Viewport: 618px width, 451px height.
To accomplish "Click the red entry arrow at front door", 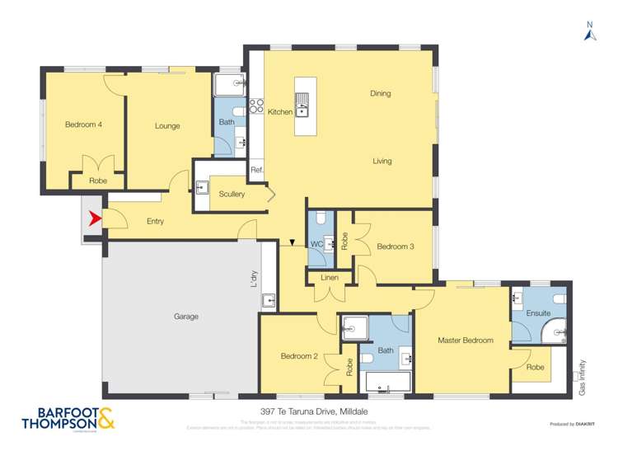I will coord(94,218).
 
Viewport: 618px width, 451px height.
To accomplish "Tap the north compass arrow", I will coord(589,34).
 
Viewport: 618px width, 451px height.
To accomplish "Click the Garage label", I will coord(186,317).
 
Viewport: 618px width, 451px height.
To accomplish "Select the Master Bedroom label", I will coord(466,341).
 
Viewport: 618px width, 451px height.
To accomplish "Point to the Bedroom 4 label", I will coord(83,125).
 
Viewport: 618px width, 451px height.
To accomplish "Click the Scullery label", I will coord(232,194).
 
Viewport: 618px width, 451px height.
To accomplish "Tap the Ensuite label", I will coord(538,314).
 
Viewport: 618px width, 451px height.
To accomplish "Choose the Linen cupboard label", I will coord(329,279).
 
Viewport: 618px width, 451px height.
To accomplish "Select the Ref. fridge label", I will coord(256,171).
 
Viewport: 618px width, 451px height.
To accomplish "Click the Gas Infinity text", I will coord(582,377).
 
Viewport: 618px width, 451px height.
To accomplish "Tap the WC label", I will coord(316,244).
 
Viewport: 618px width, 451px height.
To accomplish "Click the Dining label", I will coord(380,94).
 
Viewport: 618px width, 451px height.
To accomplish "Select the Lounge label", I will coord(167,126).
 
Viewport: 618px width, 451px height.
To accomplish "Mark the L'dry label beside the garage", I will coord(255,280).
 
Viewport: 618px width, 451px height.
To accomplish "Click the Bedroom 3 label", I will coord(395,247).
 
